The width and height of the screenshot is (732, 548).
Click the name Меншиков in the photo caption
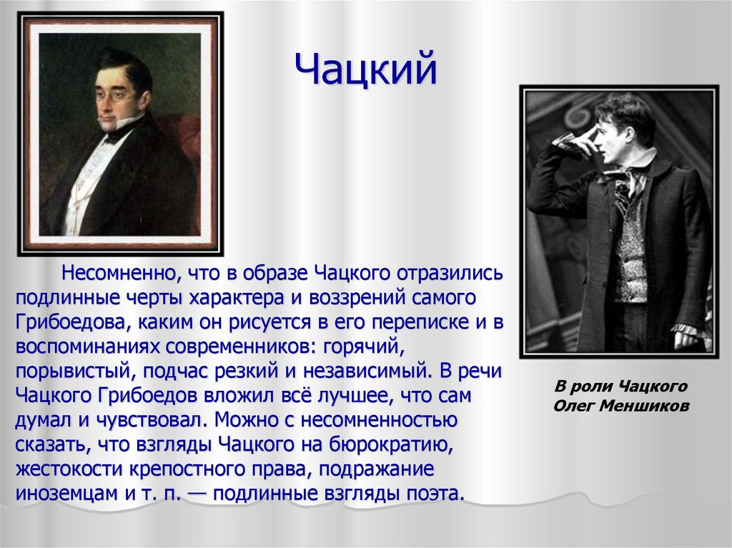[x=644, y=406]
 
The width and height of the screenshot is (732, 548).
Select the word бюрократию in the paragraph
[x=391, y=444]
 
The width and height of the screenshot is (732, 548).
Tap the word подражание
[x=376, y=469]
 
